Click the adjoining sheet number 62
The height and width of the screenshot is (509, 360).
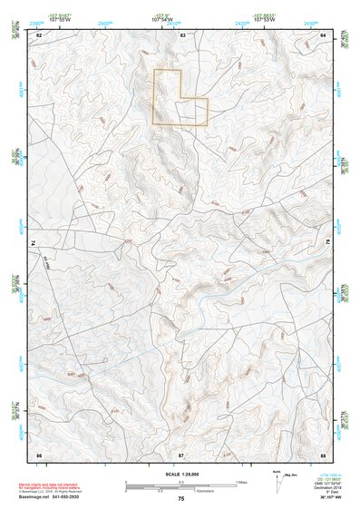pos(39,34)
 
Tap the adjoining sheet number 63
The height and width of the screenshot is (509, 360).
pos(181,34)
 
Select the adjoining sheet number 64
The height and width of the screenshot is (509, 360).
pos(324,34)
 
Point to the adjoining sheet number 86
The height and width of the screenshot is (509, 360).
pos(39,453)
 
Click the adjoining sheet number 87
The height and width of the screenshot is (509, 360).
pos(181,453)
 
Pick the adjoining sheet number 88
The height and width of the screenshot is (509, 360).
pos(324,453)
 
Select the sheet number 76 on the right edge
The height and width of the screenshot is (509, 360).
pos(327,243)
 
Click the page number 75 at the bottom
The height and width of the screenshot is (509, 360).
pos(181,499)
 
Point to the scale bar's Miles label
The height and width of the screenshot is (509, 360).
pos(242,481)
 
